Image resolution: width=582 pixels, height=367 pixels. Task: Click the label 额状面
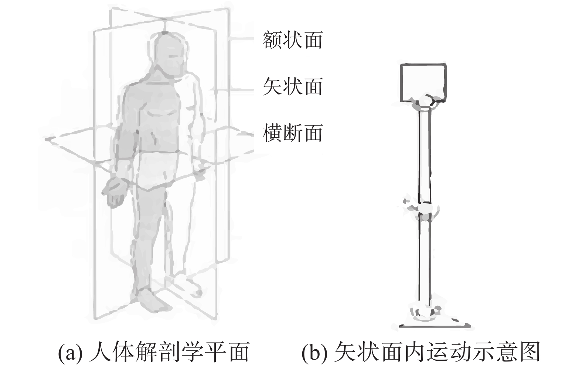tap(292, 40)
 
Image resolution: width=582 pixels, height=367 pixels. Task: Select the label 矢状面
tap(292, 86)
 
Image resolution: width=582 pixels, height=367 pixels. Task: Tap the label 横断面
tap(292, 133)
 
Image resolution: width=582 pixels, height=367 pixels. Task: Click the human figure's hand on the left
tap(115, 192)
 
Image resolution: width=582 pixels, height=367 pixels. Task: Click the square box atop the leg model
tap(423, 82)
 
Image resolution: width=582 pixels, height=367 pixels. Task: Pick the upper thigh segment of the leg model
tap(424, 155)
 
